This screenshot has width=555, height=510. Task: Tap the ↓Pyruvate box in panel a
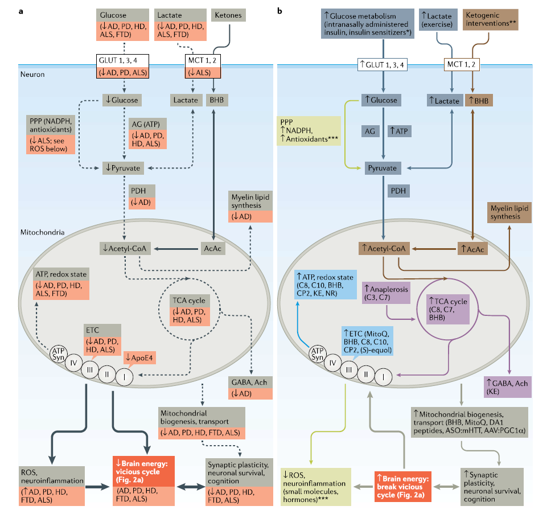(x=122, y=167)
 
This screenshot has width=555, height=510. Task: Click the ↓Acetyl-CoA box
(x=121, y=248)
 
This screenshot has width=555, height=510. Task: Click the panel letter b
(x=280, y=11)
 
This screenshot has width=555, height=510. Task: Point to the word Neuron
(x=32, y=74)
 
